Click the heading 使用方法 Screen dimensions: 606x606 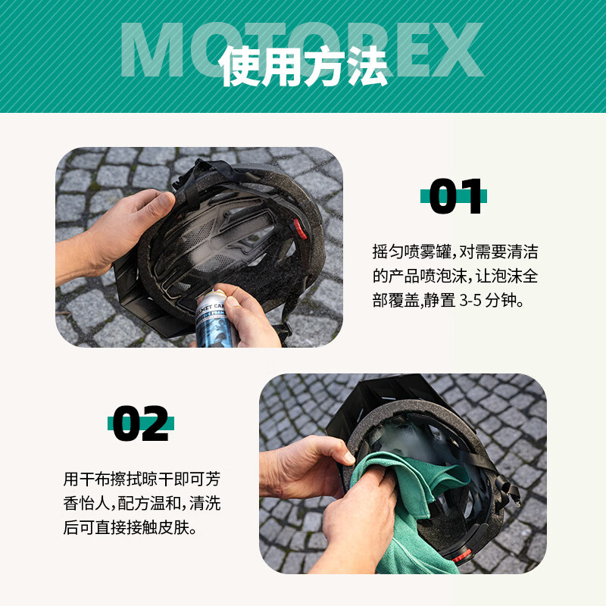point(303,66)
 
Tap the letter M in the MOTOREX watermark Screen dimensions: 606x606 point(156,50)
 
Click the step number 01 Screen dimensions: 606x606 point(454,197)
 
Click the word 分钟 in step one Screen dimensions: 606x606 point(507,300)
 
